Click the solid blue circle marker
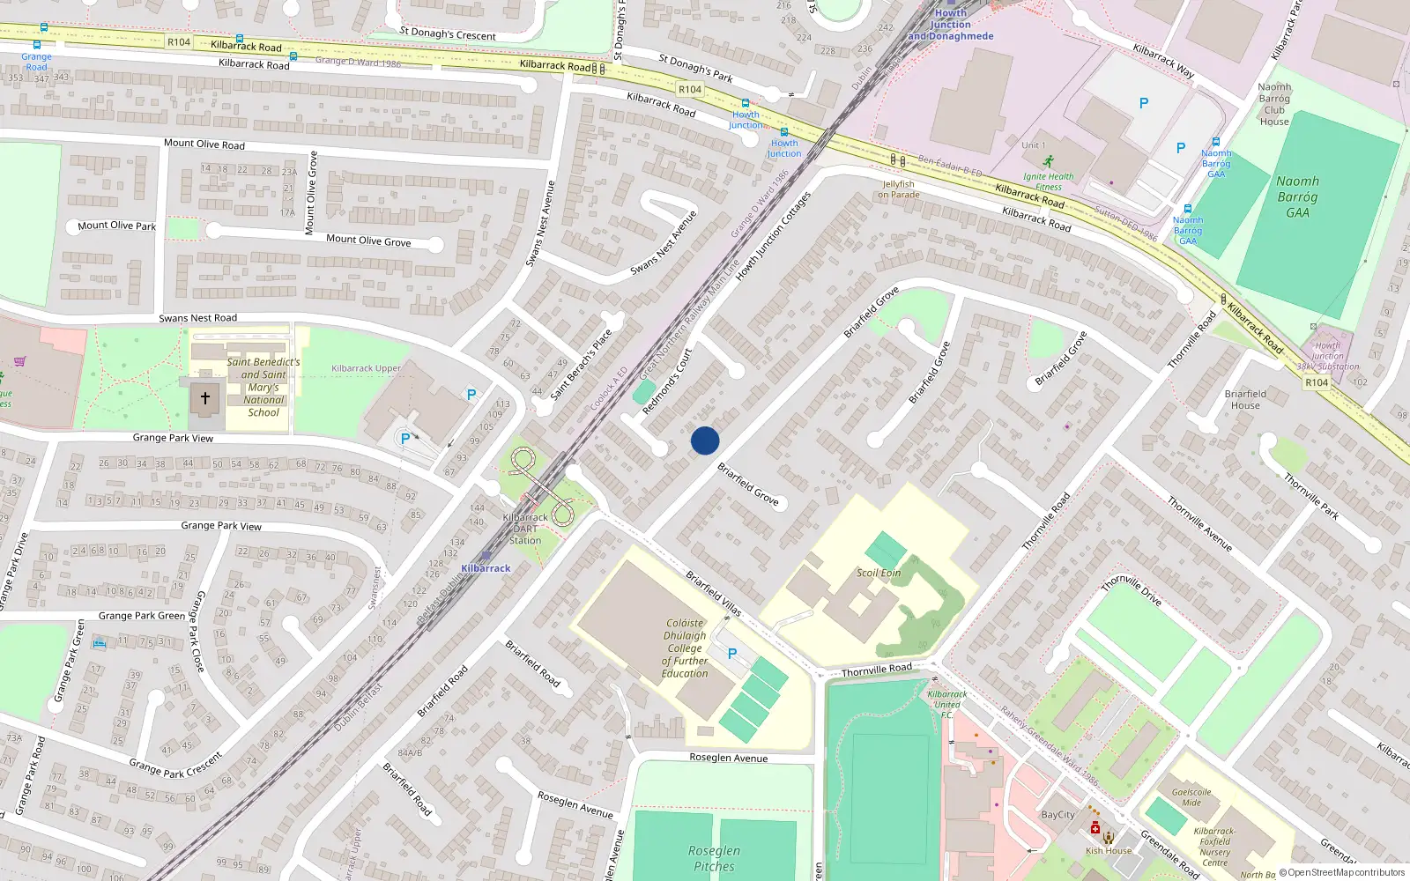pyautogui.click(x=705, y=440)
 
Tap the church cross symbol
pyautogui.click(x=205, y=399)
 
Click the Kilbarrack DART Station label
pyautogui.click(x=525, y=529)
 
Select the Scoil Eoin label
pyautogui.click(x=879, y=573)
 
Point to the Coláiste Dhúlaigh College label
pyautogui.click(x=685, y=648)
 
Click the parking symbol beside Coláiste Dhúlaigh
pyautogui.click(x=732, y=655)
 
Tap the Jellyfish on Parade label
pyautogui.click(x=898, y=189)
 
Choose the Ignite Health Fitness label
pyautogui.click(x=1049, y=181)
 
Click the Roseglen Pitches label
pyautogui.click(x=714, y=858)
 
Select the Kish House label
pyautogui.click(x=1109, y=850)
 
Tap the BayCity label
pyautogui.click(x=1057, y=815)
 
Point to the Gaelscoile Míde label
pyautogui.click(x=1191, y=797)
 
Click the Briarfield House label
pyautogui.click(x=1245, y=399)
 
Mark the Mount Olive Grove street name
pyautogui.click(x=368, y=240)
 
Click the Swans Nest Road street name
pyautogui.click(x=197, y=318)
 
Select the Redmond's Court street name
pyautogui.click(x=667, y=381)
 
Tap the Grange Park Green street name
pyautogui.click(x=142, y=616)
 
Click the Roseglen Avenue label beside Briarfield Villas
pyautogui.click(x=728, y=758)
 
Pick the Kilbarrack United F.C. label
pyautogui.click(x=947, y=704)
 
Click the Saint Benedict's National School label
pyautogui.click(x=263, y=387)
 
